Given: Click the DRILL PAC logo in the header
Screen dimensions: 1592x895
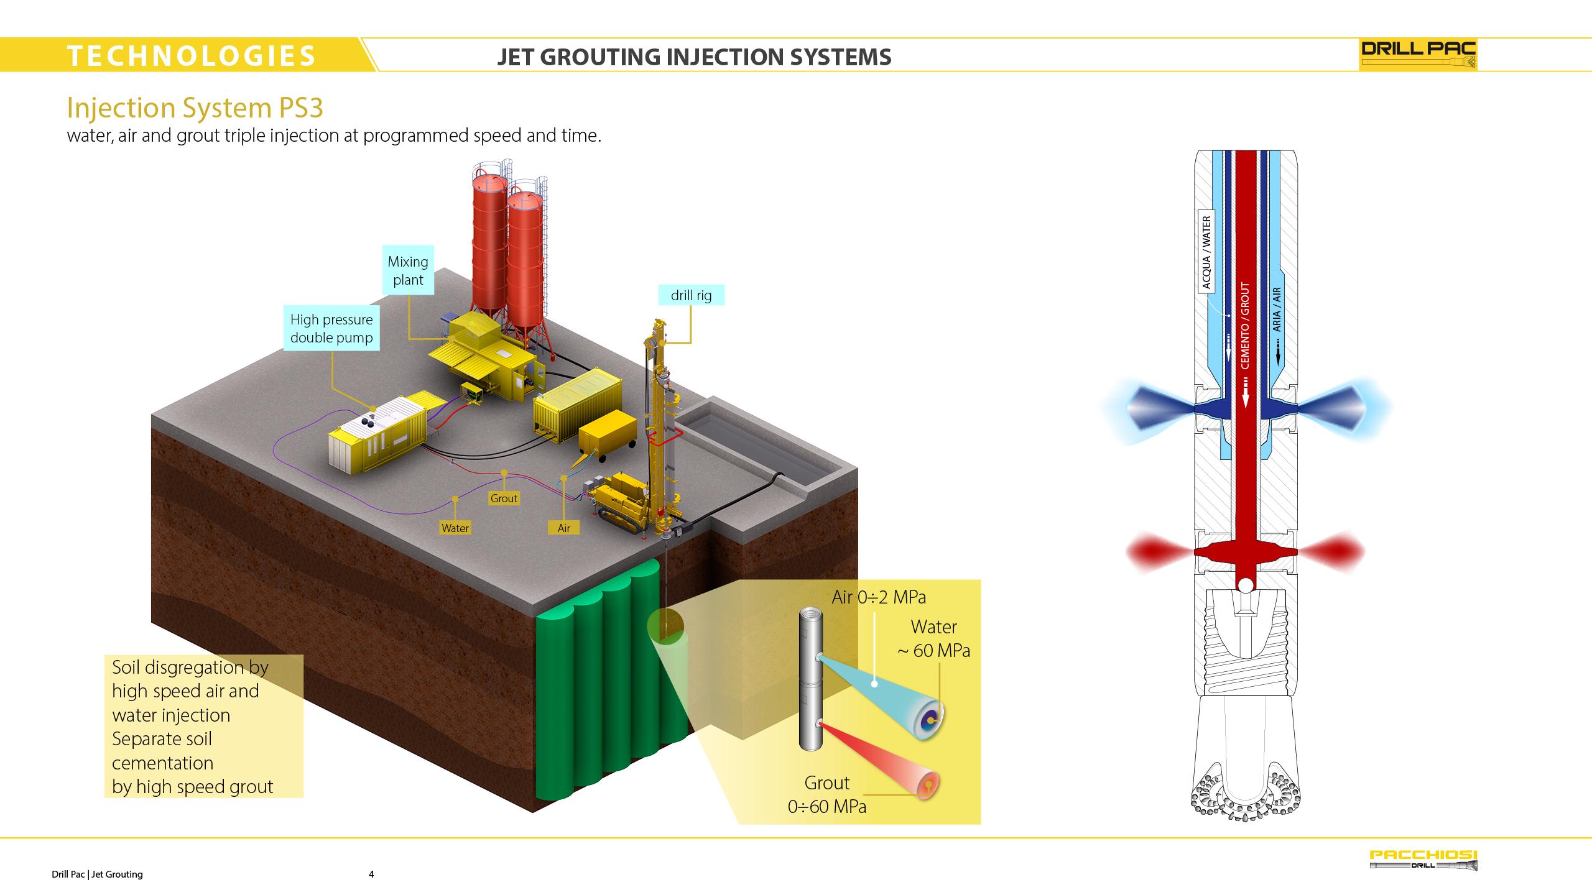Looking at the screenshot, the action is click(1418, 55).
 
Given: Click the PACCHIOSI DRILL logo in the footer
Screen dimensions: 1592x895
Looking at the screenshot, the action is click(1423, 860).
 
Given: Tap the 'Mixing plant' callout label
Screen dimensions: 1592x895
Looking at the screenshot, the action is click(408, 270).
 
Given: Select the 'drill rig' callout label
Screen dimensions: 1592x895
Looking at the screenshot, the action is click(692, 295).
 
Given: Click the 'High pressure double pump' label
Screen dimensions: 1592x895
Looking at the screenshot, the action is click(331, 328).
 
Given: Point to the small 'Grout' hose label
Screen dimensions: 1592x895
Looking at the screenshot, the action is click(504, 498).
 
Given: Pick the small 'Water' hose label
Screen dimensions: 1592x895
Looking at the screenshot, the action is click(455, 528).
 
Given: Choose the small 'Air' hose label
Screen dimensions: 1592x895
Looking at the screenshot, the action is click(564, 528).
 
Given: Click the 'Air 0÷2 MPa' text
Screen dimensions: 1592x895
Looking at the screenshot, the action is click(879, 597).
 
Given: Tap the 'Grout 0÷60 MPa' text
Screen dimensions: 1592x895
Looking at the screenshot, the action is click(827, 794).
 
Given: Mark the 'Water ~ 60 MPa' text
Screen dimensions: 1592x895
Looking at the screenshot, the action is click(933, 638).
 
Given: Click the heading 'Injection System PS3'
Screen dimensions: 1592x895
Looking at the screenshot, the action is click(195, 108).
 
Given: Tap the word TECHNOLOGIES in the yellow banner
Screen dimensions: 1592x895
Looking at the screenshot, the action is click(192, 56).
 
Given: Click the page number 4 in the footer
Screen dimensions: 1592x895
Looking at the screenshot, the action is click(371, 874).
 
